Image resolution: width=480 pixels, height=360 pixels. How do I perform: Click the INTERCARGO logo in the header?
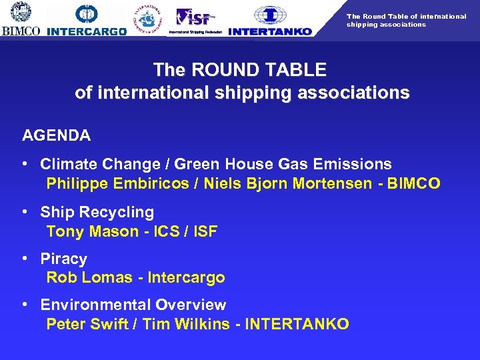pos(87,20)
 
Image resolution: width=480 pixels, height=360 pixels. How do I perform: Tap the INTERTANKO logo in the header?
pos(270,20)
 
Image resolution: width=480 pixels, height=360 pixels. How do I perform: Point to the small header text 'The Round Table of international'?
pos(406,16)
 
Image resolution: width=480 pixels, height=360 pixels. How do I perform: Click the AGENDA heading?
pos(56,135)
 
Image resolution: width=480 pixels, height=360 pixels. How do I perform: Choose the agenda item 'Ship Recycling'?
pos(97,212)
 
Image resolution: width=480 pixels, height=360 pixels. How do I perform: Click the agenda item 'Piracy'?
pos(63,259)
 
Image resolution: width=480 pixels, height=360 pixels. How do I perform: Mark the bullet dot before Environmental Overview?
pos(25,305)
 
